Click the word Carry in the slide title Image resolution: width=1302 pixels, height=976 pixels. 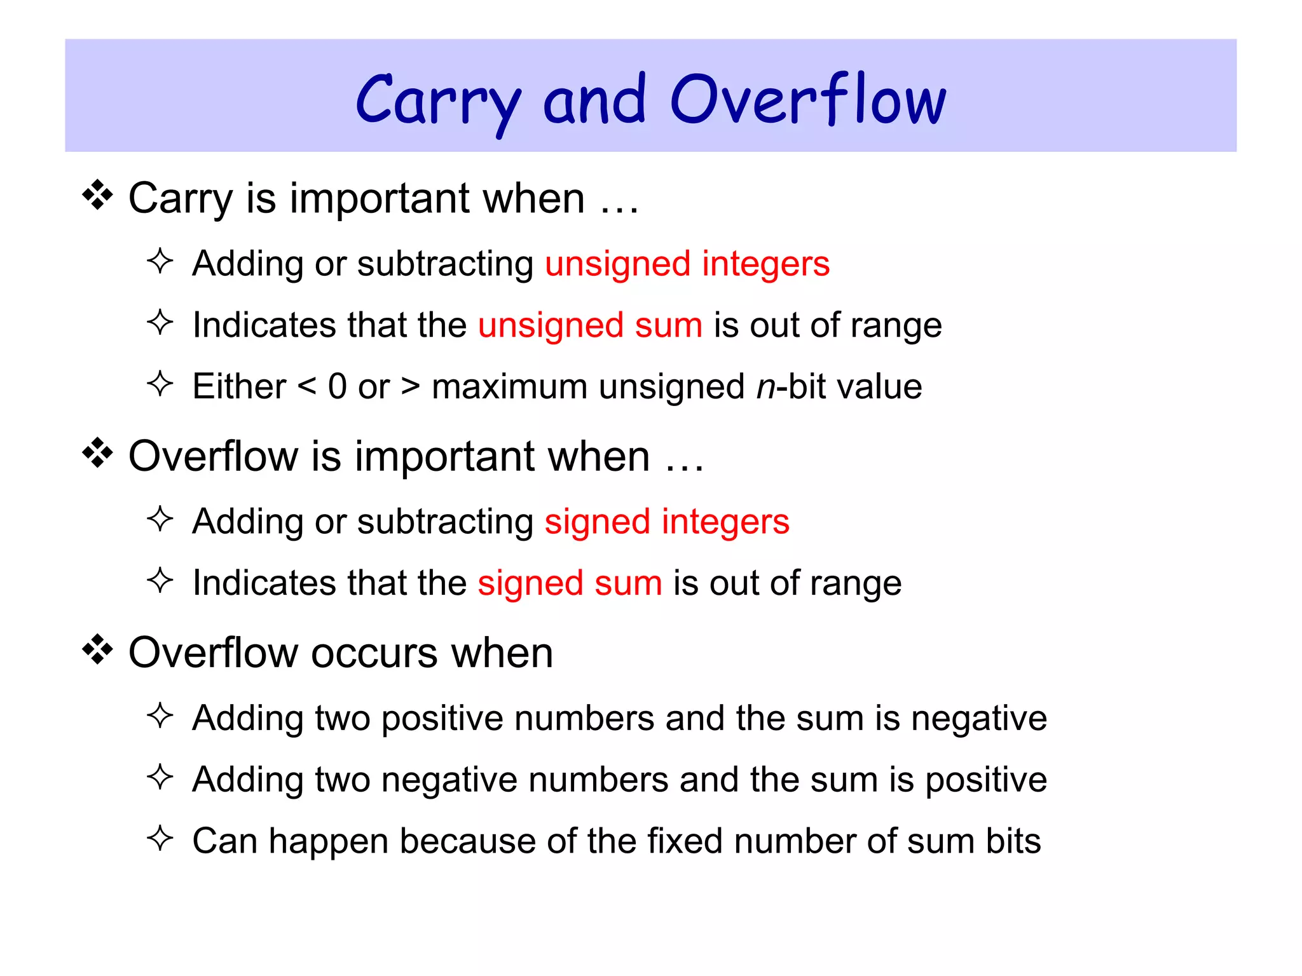(439, 102)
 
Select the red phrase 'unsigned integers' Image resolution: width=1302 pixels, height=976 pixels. (687, 264)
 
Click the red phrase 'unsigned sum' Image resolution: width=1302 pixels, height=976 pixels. (590, 325)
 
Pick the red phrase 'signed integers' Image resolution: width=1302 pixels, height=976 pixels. (667, 522)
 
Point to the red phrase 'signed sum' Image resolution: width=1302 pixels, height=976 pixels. (570, 583)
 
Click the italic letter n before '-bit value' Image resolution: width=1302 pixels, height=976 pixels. (766, 388)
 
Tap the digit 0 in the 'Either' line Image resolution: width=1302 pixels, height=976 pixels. (337, 386)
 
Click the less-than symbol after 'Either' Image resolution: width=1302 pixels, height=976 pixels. (306, 386)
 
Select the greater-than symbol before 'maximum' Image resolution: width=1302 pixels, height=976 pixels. (411, 386)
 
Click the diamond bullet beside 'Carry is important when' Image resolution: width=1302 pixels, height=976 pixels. (97, 195)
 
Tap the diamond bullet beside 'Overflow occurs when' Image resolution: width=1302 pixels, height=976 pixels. (97, 649)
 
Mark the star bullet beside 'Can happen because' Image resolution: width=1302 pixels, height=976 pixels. (160, 838)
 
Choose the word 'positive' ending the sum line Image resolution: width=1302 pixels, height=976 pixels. (985, 780)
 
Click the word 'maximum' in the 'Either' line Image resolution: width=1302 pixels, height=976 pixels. (509, 386)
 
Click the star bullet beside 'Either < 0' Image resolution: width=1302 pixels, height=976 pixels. (160, 384)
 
